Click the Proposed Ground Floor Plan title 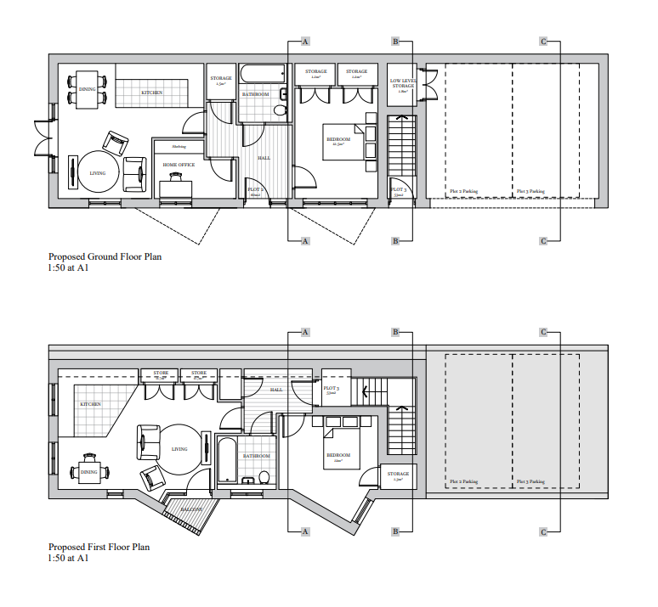[x=105, y=256]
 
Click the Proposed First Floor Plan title [x=99, y=547]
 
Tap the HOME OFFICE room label [x=179, y=165]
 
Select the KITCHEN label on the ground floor [x=152, y=92]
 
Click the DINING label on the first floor [x=88, y=471]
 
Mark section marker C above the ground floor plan [x=543, y=41]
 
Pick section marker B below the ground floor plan [x=395, y=241]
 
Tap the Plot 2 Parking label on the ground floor [x=463, y=192]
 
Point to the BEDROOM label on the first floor [x=338, y=454]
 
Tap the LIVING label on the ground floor [x=98, y=172]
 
